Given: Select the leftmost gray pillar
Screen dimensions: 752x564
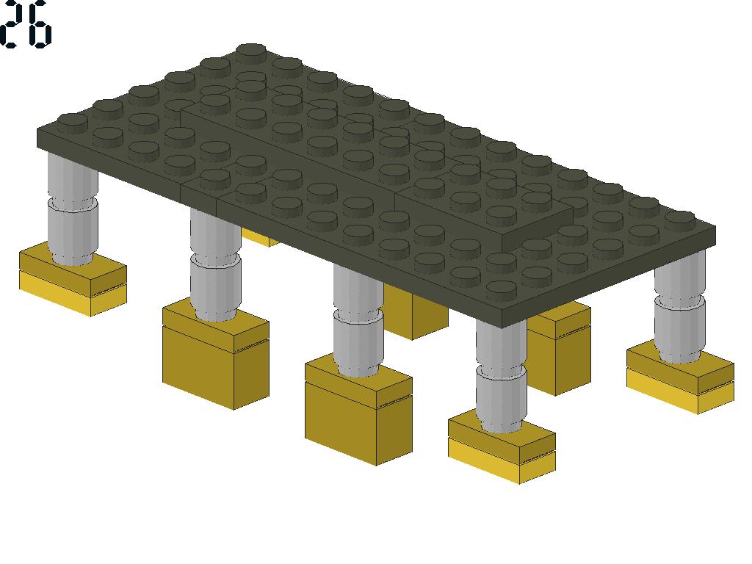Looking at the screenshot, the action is tap(73, 209).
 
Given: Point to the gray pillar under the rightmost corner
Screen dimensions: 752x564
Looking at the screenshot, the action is tap(680, 307).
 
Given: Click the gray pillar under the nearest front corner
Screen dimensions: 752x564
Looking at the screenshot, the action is tap(501, 377).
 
